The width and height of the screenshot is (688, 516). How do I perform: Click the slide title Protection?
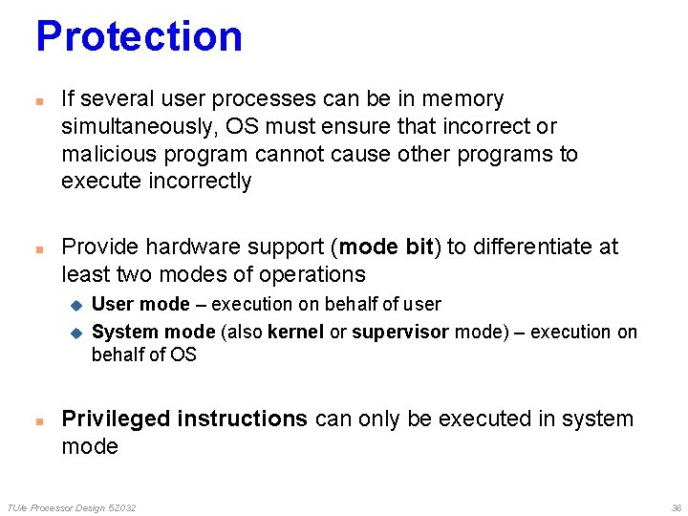pos(139,36)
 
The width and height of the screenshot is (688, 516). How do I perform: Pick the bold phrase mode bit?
pos(386,247)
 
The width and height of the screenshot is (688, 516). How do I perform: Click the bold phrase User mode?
pos(140,304)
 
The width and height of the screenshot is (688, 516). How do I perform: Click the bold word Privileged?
pos(116,419)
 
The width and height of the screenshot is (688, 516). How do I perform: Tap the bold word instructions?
pos(243,419)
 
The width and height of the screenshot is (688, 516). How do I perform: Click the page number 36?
pos(676,507)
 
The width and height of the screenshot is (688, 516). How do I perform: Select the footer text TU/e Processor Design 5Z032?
pos(72,507)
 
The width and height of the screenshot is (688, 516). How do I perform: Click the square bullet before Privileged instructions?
pos(38,420)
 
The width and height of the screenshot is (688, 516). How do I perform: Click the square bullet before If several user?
pos(38,100)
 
